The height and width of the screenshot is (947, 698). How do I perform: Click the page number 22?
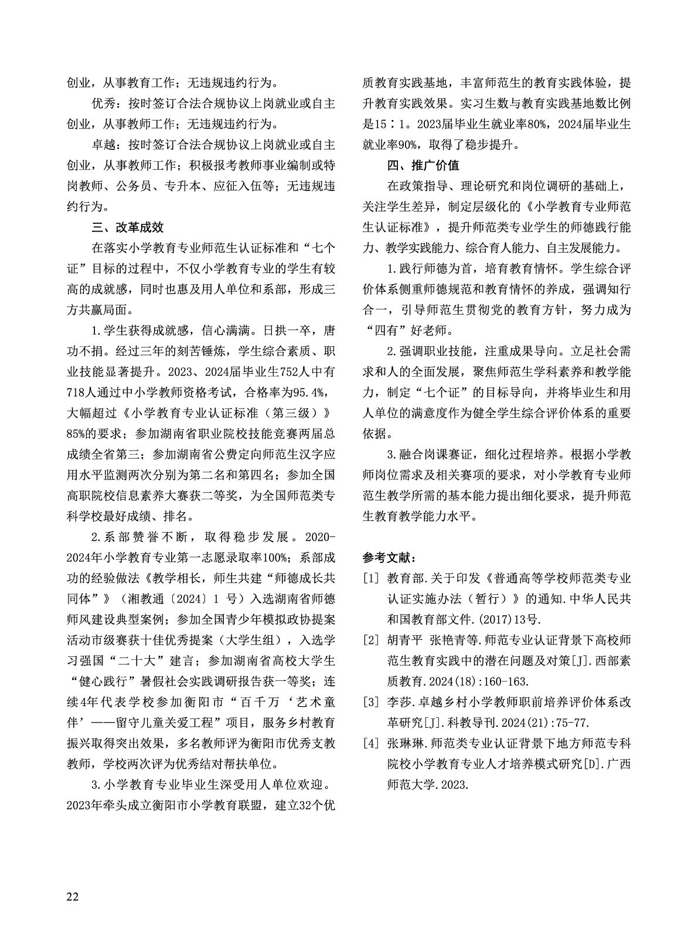(73, 897)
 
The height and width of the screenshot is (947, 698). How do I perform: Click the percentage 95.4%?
(316, 392)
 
